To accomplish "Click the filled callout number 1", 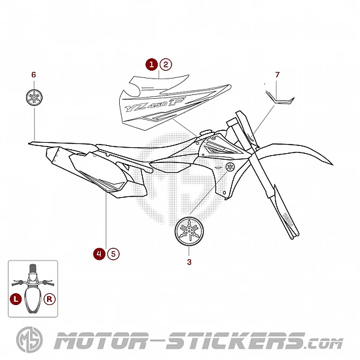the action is [152, 65].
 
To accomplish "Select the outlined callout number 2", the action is [166, 65].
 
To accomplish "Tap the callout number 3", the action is [189, 262].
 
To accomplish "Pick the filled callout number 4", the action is [99, 254].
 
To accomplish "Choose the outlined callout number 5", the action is [113, 254].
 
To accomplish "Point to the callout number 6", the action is [34, 75].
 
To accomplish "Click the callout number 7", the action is [278, 75].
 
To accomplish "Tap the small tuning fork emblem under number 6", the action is [34, 98].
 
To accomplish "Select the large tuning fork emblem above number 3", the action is [189, 231].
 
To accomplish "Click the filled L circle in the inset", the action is [16, 299].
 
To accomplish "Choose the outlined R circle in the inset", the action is [50, 299].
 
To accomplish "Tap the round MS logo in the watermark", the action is [29, 340].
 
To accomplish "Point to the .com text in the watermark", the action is [325, 344].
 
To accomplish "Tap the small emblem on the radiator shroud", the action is [230, 167].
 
